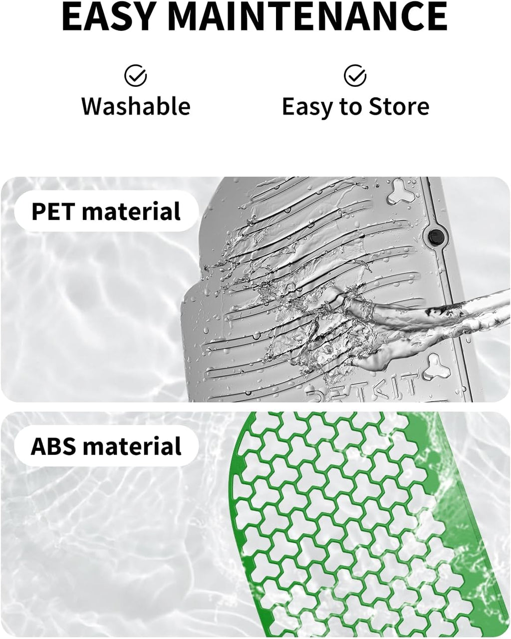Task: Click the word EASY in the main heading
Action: click(107, 16)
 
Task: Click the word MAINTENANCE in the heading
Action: click(306, 16)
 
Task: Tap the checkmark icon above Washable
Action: click(135, 75)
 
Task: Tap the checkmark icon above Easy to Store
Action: click(355, 75)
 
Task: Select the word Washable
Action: click(136, 107)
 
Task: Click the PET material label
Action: click(106, 211)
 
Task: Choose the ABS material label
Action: click(106, 446)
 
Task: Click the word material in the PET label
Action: click(131, 211)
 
